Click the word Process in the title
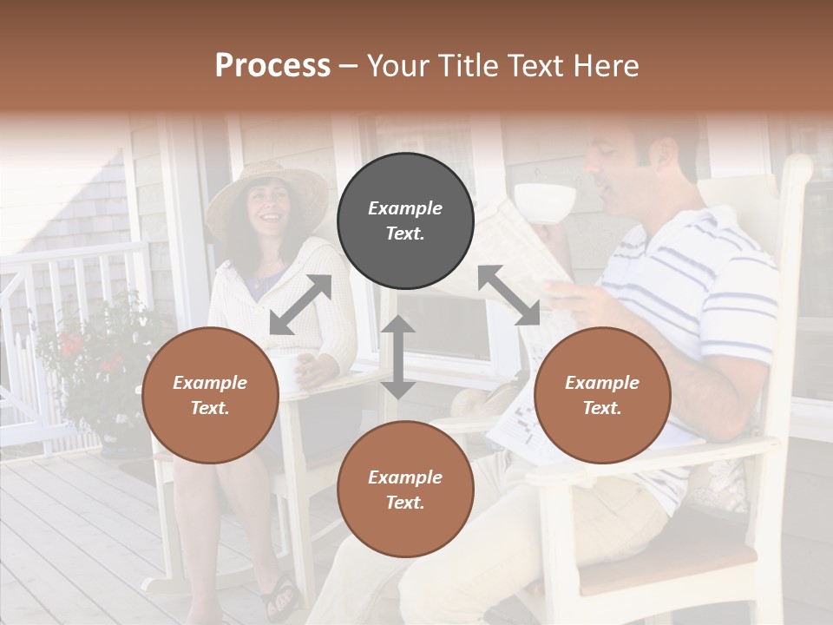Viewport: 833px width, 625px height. tap(272, 65)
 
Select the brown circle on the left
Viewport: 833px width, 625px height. tap(210, 395)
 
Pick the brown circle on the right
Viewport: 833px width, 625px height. tap(602, 395)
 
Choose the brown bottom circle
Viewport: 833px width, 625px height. tap(405, 490)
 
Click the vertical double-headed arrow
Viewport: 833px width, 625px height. tap(398, 357)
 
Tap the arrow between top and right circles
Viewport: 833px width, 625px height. tap(508, 295)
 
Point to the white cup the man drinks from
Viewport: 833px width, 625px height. tap(545, 201)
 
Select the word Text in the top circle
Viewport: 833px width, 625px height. tap(404, 234)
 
